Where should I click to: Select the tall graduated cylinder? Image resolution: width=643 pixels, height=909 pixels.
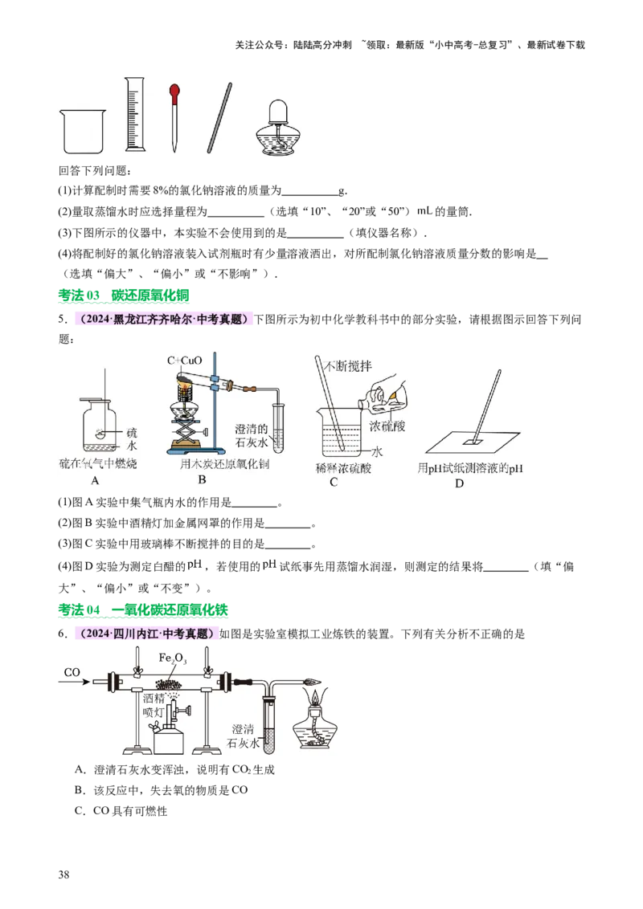(135, 114)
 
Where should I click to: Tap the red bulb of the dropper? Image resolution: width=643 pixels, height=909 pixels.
(174, 92)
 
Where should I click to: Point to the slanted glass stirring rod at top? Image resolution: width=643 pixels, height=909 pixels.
(219, 117)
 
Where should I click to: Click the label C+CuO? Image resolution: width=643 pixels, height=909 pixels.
(185, 361)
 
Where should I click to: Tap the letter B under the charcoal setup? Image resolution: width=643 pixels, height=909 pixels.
(202, 480)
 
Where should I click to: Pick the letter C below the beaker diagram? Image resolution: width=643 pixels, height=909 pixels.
(334, 482)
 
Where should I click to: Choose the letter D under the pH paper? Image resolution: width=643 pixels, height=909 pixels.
(459, 483)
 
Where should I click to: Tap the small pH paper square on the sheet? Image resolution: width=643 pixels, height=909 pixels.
(473, 441)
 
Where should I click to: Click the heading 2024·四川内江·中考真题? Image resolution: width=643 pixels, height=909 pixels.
(146, 634)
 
